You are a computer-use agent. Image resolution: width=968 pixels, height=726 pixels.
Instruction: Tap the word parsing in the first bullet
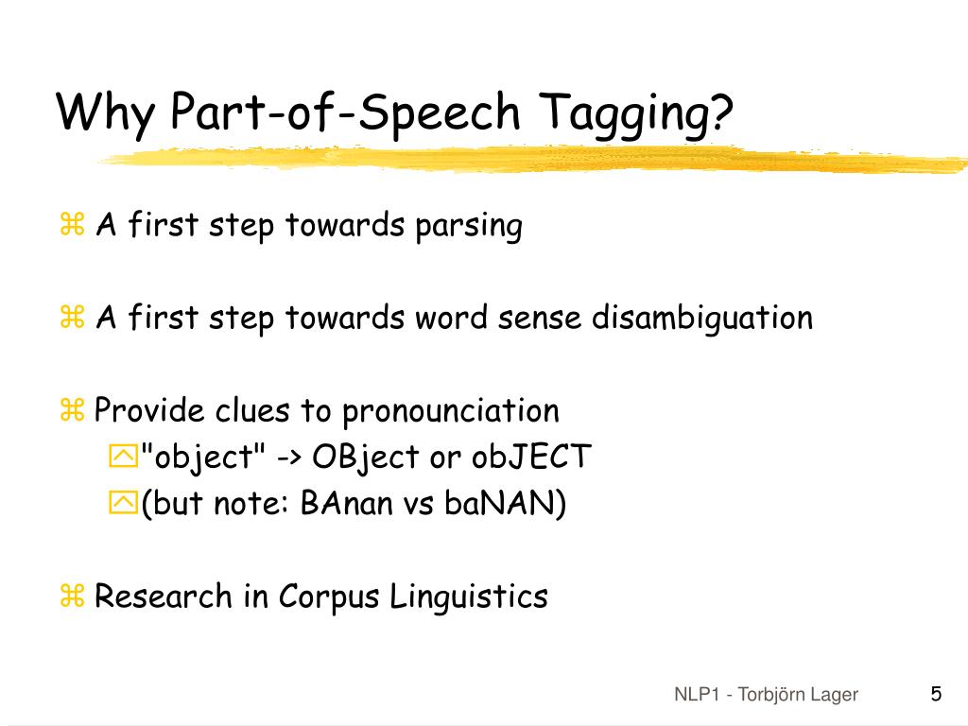click(x=468, y=227)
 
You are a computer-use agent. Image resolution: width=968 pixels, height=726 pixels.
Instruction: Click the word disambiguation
click(x=702, y=319)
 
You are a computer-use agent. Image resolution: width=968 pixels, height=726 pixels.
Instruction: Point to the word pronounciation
click(x=451, y=411)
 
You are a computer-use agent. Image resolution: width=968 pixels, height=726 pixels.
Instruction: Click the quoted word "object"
click(x=203, y=458)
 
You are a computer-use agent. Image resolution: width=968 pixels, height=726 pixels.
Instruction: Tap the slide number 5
click(x=936, y=694)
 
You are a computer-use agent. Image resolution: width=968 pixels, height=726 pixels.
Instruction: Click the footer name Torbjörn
click(x=770, y=695)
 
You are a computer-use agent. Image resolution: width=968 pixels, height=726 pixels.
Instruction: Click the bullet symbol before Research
click(x=73, y=596)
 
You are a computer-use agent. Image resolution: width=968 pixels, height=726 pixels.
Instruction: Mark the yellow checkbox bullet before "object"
click(x=123, y=458)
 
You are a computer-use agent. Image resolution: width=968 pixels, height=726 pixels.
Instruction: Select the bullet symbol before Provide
click(x=73, y=411)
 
